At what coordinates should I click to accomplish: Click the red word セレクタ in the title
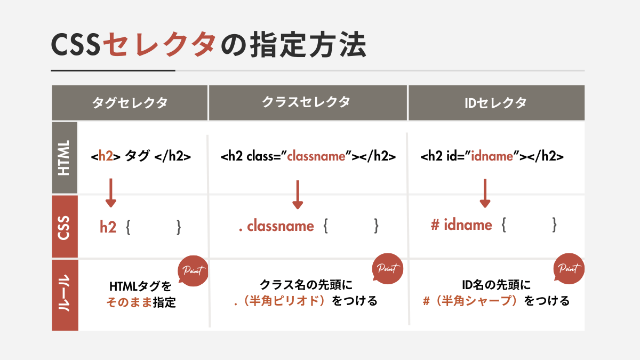(159, 45)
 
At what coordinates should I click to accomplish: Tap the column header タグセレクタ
(130, 103)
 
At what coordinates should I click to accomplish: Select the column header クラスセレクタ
(306, 102)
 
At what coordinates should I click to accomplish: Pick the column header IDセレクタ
(495, 103)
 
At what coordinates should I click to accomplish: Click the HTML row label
(64, 158)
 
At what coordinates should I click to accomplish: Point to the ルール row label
(65, 293)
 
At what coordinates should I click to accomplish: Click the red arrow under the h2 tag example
(111, 193)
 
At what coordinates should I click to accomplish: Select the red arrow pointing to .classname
(298, 195)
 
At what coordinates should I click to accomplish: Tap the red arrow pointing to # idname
(485, 194)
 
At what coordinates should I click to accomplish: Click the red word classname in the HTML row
(316, 156)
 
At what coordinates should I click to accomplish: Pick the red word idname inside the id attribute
(492, 156)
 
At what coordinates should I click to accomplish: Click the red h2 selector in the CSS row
(108, 227)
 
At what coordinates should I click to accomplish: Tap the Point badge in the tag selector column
(193, 270)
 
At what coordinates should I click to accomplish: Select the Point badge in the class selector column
(388, 268)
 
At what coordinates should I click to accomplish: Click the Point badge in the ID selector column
(569, 268)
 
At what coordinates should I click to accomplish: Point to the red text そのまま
(129, 302)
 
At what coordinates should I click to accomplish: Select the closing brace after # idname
(554, 225)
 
